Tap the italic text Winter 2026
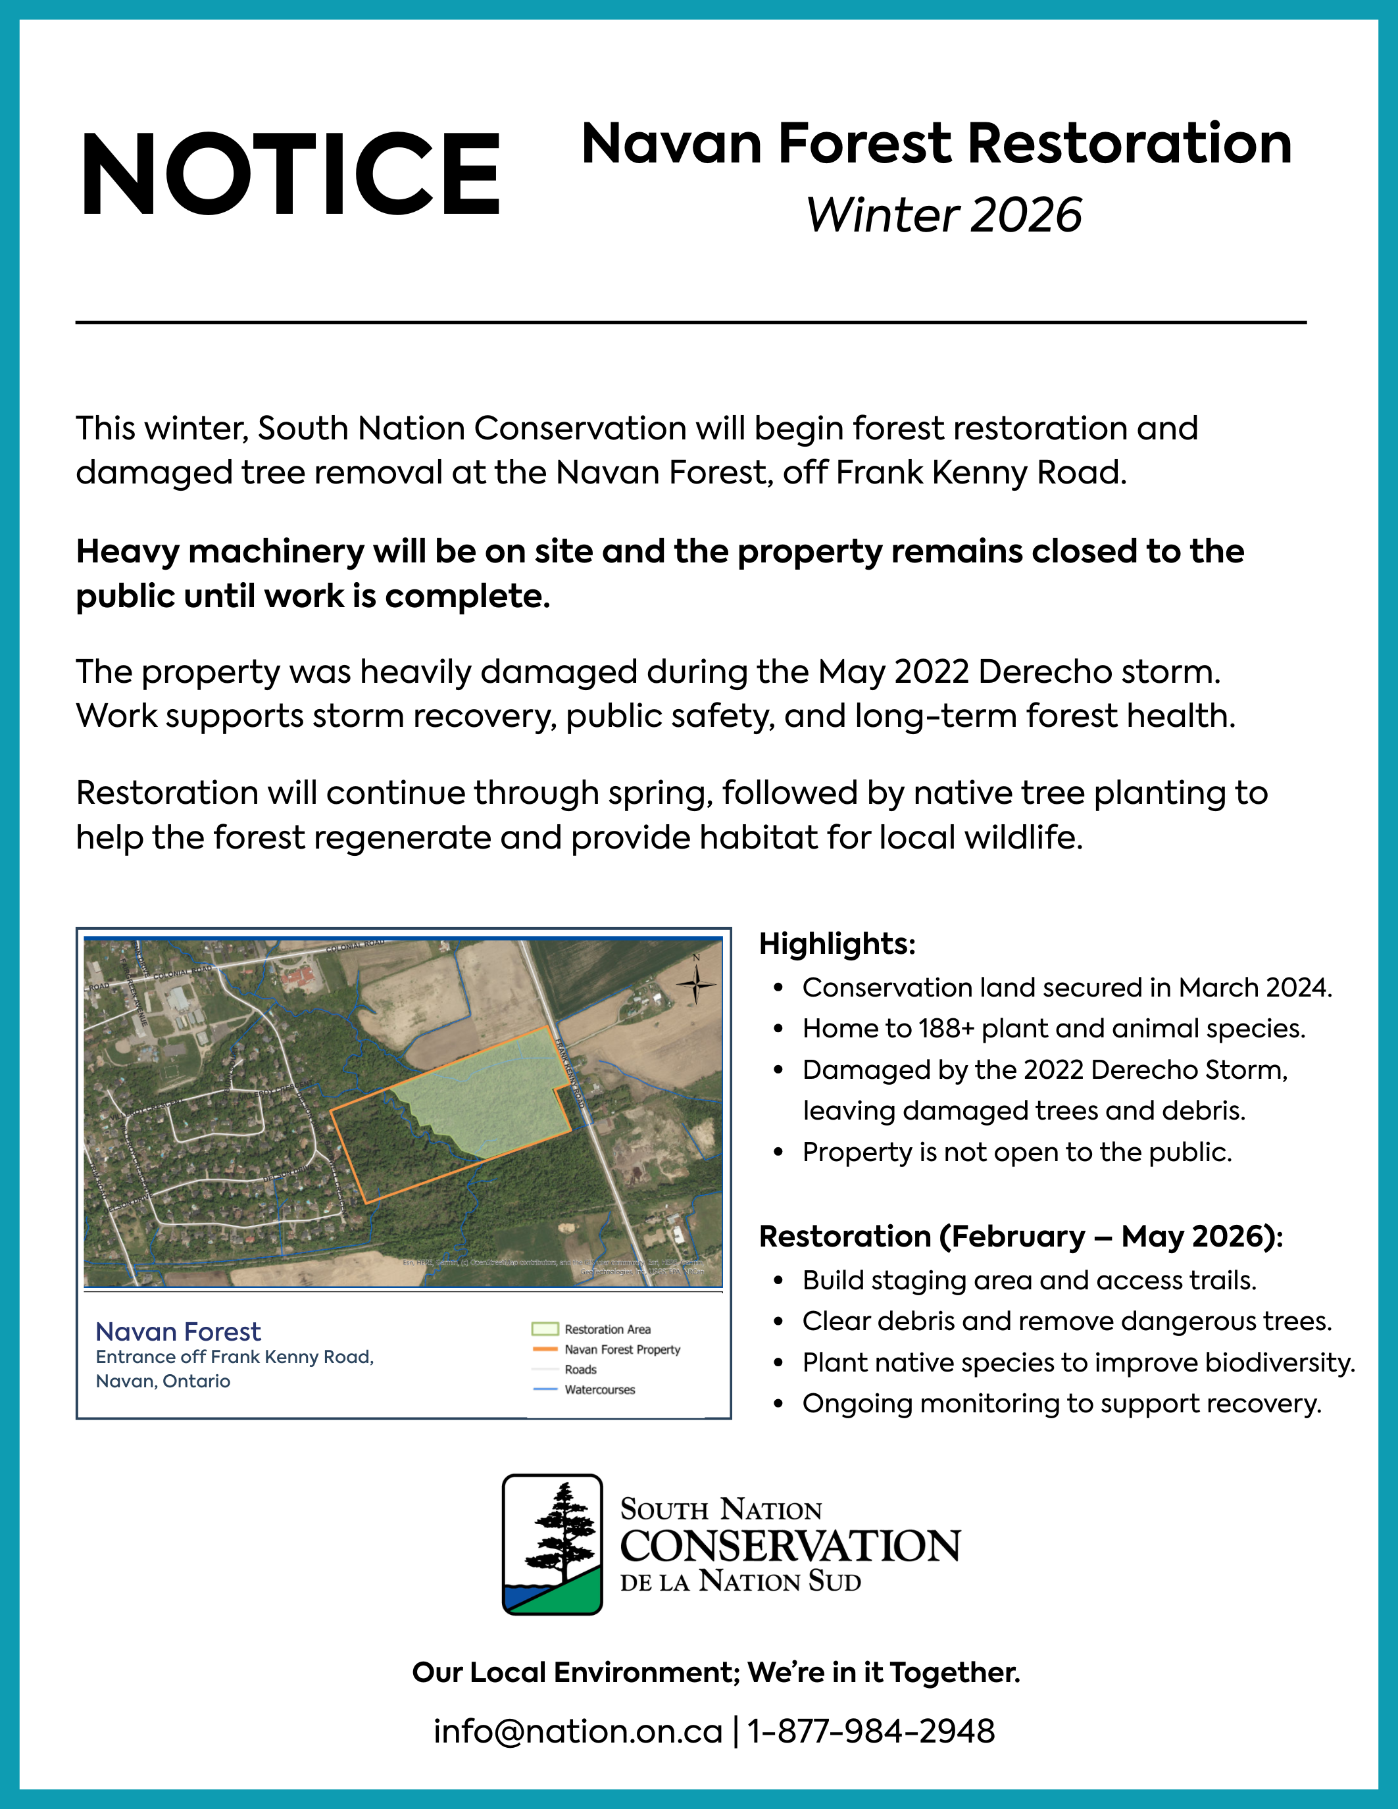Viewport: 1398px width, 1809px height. pos(944,215)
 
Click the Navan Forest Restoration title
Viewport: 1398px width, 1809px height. pos(936,144)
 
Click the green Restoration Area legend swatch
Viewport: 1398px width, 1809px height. pos(544,1329)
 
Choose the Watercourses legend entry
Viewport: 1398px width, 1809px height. pos(599,1390)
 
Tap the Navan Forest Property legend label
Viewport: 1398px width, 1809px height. pos(622,1349)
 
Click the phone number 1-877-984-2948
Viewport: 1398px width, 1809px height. pos(870,1732)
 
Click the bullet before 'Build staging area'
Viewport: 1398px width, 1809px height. pos(778,1281)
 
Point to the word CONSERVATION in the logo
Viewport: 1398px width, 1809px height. pos(790,1547)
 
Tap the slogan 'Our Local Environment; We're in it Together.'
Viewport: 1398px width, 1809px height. pos(716,1672)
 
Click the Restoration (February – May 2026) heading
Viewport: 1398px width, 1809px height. pos(1020,1236)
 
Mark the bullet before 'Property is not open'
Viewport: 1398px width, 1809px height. pos(778,1153)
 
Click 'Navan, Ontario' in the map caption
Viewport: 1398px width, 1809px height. pos(163,1381)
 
